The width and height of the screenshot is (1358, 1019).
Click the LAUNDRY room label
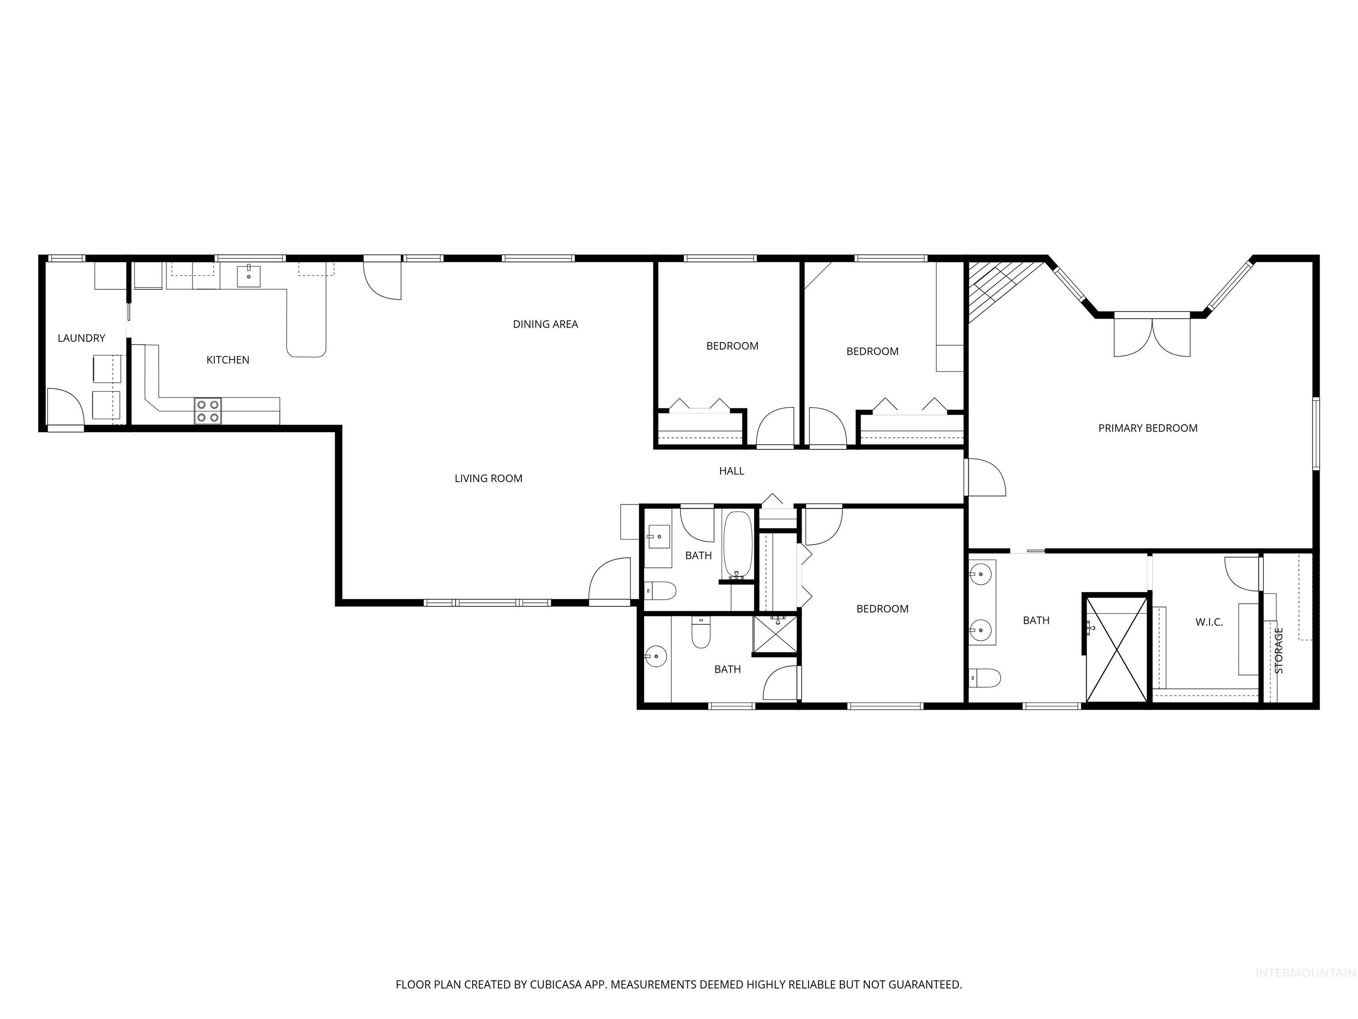pos(81,338)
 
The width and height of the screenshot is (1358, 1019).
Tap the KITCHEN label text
pos(227,360)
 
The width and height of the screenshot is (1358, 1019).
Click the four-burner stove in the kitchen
pos(207,411)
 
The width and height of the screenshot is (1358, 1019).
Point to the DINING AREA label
pos(545,324)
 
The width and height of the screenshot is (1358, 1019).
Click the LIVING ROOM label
pos(488,479)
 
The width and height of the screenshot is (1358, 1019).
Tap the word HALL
pos(731,471)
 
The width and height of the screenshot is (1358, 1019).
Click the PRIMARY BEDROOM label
pos(1148,428)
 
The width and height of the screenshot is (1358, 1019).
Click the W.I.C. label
pos(1209,622)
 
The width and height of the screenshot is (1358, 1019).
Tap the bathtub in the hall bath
pos(737,544)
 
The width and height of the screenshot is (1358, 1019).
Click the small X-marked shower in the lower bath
pos(775,633)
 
